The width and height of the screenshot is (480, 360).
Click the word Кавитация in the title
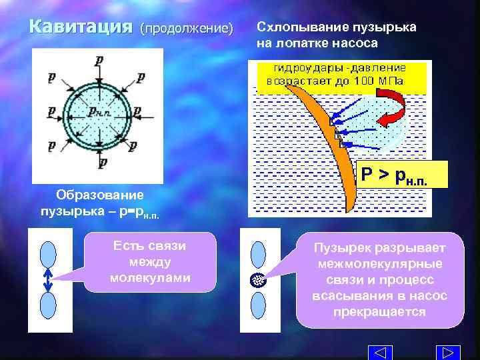(80, 28)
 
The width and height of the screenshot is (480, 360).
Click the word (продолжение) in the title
(187, 29)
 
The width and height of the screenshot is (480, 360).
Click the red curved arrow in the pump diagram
(397, 109)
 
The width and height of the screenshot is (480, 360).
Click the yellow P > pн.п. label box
(397, 176)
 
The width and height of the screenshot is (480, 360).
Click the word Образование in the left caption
(99, 195)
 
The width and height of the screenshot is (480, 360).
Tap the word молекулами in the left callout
(150, 277)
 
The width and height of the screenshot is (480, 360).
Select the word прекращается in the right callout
(379, 311)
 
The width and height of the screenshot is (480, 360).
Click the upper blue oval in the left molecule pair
(48, 253)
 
